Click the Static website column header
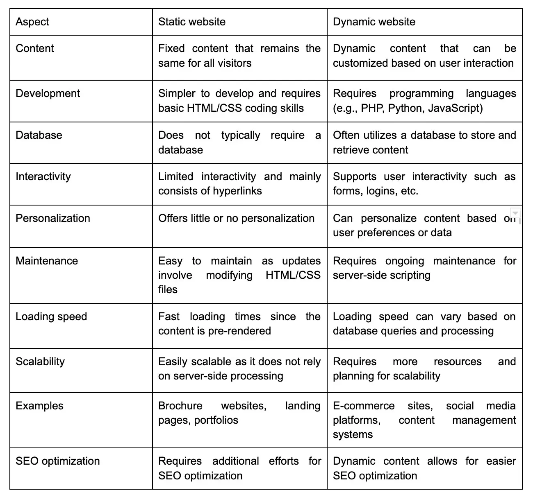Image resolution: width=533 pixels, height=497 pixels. (x=192, y=22)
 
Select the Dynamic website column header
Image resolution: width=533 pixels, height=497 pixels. (x=374, y=22)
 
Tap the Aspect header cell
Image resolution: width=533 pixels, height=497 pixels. (x=32, y=22)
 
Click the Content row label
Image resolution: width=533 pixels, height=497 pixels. (x=35, y=48)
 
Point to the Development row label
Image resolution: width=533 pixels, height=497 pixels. (x=48, y=93)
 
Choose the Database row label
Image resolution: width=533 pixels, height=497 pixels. (x=39, y=135)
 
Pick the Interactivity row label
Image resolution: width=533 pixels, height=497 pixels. (x=43, y=176)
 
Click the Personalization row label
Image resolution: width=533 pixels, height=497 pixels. (x=53, y=218)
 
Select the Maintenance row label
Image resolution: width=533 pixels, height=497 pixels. (x=47, y=261)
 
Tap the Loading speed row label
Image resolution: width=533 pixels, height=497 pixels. (x=51, y=316)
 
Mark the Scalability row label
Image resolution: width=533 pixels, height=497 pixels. (x=40, y=361)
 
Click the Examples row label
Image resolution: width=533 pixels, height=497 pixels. (x=40, y=406)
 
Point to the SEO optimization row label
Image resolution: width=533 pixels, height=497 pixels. (x=58, y=461)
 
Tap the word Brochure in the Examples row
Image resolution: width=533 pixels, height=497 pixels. (x=180, y=406)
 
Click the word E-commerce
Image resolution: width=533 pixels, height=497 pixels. (x=364, y=406)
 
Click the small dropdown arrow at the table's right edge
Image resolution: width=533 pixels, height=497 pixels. (x=515, y=212)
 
